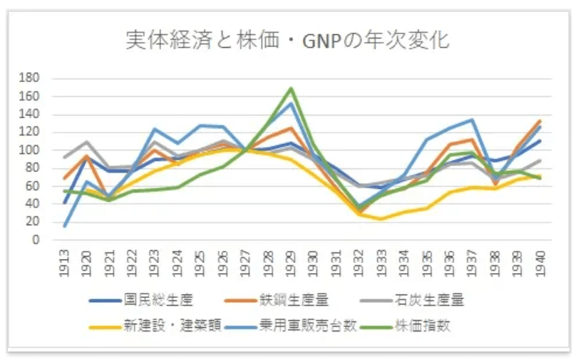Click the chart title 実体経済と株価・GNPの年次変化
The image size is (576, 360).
(287, 39)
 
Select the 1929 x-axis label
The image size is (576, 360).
(291, 262)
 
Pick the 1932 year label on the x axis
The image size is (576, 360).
(360, 262)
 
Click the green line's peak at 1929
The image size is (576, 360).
(291, 88)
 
